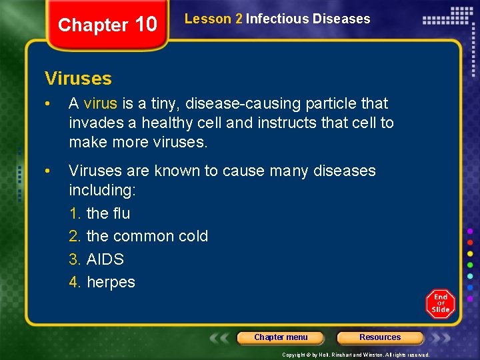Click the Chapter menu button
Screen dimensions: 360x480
(281, 337)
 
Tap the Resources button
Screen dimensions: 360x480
(380, 337)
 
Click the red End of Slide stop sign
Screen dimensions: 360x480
(441, 303)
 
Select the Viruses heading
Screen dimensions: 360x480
(78, 79)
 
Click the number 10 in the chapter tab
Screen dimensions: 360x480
(145, 25)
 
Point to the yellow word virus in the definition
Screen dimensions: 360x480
(101, 103)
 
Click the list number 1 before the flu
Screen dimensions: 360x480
(75, 213)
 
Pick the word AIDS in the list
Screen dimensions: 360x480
(105, 259)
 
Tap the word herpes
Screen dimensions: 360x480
(111, 282)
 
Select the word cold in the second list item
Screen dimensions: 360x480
(193, 236)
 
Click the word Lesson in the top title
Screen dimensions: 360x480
(208, 19)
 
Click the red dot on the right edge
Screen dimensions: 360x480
(470, 242)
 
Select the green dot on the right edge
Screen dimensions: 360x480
(470, 265)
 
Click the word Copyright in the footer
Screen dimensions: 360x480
(295, 355)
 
